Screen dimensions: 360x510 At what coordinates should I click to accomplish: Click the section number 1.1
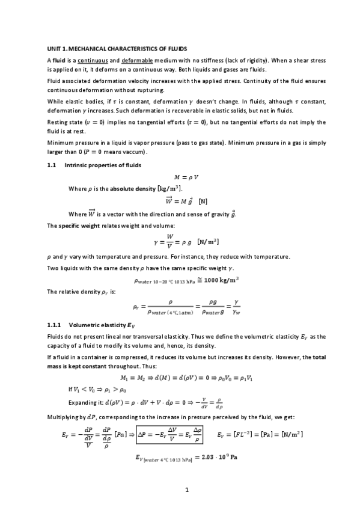(51, 164)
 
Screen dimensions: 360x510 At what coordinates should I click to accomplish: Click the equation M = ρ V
(186, 177)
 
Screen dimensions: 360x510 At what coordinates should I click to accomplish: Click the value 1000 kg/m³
(206, 280)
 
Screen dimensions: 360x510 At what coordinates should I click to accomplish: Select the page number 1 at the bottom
(187, 490)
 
